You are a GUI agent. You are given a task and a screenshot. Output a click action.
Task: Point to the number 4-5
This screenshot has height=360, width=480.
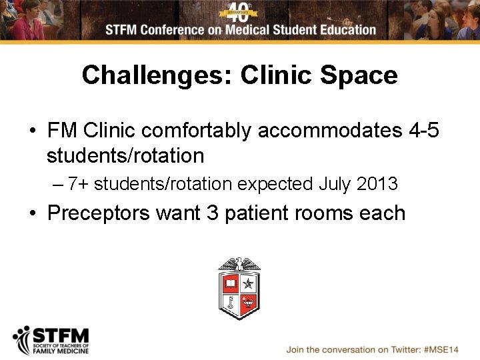coord(424,130)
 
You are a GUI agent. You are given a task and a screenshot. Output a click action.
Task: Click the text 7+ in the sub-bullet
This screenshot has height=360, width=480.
coord(79,183)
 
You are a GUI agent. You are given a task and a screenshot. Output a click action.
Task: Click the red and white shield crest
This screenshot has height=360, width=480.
coord(239,293)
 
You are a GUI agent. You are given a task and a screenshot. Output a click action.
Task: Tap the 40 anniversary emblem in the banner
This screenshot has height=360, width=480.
coord(240,11)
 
